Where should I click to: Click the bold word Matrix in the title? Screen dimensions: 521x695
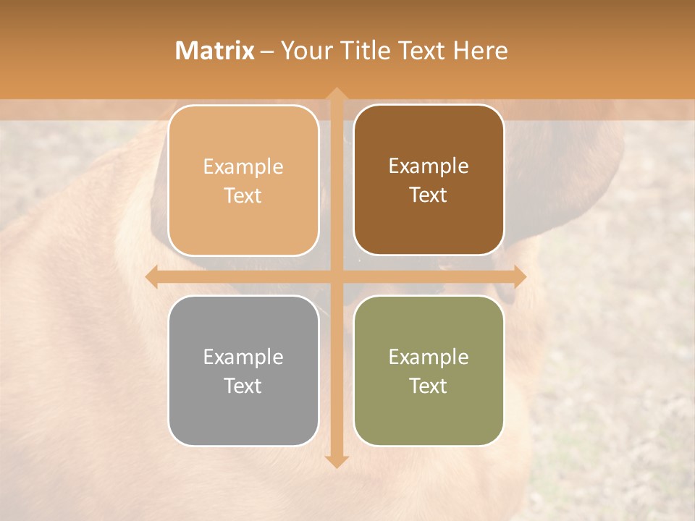(215, 51)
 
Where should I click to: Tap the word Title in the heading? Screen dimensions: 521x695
(361, 51)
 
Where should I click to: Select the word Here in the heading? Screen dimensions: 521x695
(481, 51)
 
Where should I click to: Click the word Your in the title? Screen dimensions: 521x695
(305, 51)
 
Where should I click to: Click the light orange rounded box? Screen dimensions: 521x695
(243, 180)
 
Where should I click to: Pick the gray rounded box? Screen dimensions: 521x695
(243, 370)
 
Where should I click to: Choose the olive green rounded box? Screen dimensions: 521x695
(429, 370)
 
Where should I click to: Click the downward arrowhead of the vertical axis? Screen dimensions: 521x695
(336, 461)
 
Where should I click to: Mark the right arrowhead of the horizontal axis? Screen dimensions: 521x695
(519, 277)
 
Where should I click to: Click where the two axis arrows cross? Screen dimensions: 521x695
(336, 277)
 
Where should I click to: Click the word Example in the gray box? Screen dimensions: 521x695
(243, 357)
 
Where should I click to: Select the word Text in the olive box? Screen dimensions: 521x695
(429, 386)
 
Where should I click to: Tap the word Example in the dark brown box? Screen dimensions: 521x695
(429, 166)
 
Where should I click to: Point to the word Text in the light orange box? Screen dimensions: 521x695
(243, 196)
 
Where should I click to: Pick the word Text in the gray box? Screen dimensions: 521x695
(243, 386)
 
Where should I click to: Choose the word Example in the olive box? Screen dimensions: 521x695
(429, 357)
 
